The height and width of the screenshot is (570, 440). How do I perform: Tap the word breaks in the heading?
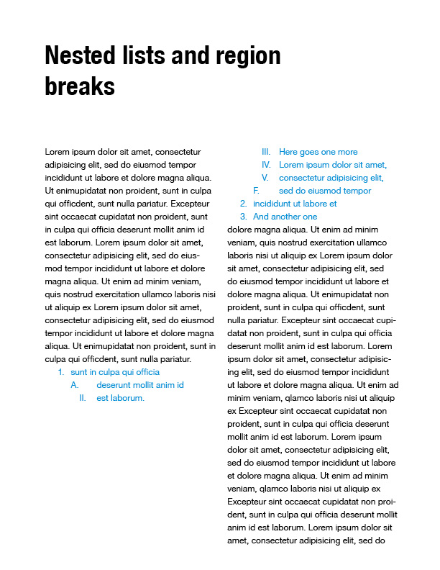point(80,86)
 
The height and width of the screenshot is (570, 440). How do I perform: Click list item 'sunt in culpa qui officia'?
point(115,372)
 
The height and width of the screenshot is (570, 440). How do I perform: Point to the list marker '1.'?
point(61,372)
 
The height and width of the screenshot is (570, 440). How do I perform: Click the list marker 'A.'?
point(74,385)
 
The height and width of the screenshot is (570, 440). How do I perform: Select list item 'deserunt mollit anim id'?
point(140,385)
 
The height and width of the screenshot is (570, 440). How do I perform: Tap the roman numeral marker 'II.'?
point(83,398)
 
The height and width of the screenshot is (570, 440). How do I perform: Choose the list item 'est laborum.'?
point(121,398)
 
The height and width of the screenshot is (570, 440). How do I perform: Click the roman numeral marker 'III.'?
point(265,152)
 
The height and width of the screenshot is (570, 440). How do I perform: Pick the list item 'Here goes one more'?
point(318,152)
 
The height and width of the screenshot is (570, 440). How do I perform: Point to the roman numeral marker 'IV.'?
point(266,165)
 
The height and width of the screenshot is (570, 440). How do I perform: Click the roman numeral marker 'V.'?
point(265,178)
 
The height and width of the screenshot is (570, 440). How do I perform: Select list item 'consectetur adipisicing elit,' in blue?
point(331,178)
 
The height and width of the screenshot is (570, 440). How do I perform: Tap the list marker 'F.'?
point(256,191)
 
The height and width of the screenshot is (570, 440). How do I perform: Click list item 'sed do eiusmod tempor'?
point(325,191)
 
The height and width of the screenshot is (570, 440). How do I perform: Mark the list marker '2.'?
point(244,204)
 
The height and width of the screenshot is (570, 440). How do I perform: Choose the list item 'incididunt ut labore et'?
point(295,204)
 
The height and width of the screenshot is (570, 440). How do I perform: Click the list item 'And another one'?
point(285,217)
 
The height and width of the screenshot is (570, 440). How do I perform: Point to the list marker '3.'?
point(244,217)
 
